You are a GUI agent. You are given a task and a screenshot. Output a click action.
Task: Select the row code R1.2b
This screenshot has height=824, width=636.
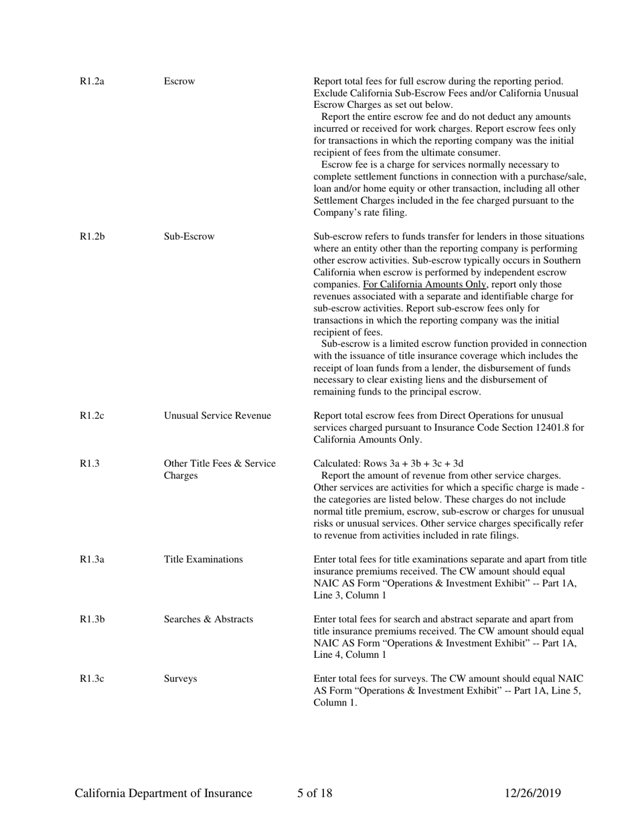(92, 236)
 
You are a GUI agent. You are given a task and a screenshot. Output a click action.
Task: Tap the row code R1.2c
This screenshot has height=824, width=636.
(92, 416)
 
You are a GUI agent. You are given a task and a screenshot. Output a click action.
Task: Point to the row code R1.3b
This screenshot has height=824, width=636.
(92, 619)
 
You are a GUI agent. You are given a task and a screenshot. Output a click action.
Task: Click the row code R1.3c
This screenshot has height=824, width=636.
(92, 679)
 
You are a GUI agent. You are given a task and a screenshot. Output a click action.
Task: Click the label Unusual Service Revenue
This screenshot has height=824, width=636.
(218, 416)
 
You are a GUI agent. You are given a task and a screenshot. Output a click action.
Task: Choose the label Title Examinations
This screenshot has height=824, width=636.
(204, 559)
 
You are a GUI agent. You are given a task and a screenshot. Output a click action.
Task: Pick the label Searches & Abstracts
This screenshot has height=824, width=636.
(208, 619)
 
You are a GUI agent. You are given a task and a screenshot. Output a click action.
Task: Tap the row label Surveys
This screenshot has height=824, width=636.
(180, 679)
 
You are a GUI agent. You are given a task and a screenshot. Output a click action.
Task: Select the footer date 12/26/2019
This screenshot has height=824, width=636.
(532, 794)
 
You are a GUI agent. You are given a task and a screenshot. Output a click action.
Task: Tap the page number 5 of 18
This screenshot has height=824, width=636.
(315, 794)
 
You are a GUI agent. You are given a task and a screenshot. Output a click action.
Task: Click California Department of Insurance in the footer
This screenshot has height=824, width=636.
(163, 794)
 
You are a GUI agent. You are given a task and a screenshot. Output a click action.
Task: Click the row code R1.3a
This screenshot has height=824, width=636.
(92, 559)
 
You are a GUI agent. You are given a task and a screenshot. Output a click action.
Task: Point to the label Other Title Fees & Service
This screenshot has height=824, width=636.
(220, 464)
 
